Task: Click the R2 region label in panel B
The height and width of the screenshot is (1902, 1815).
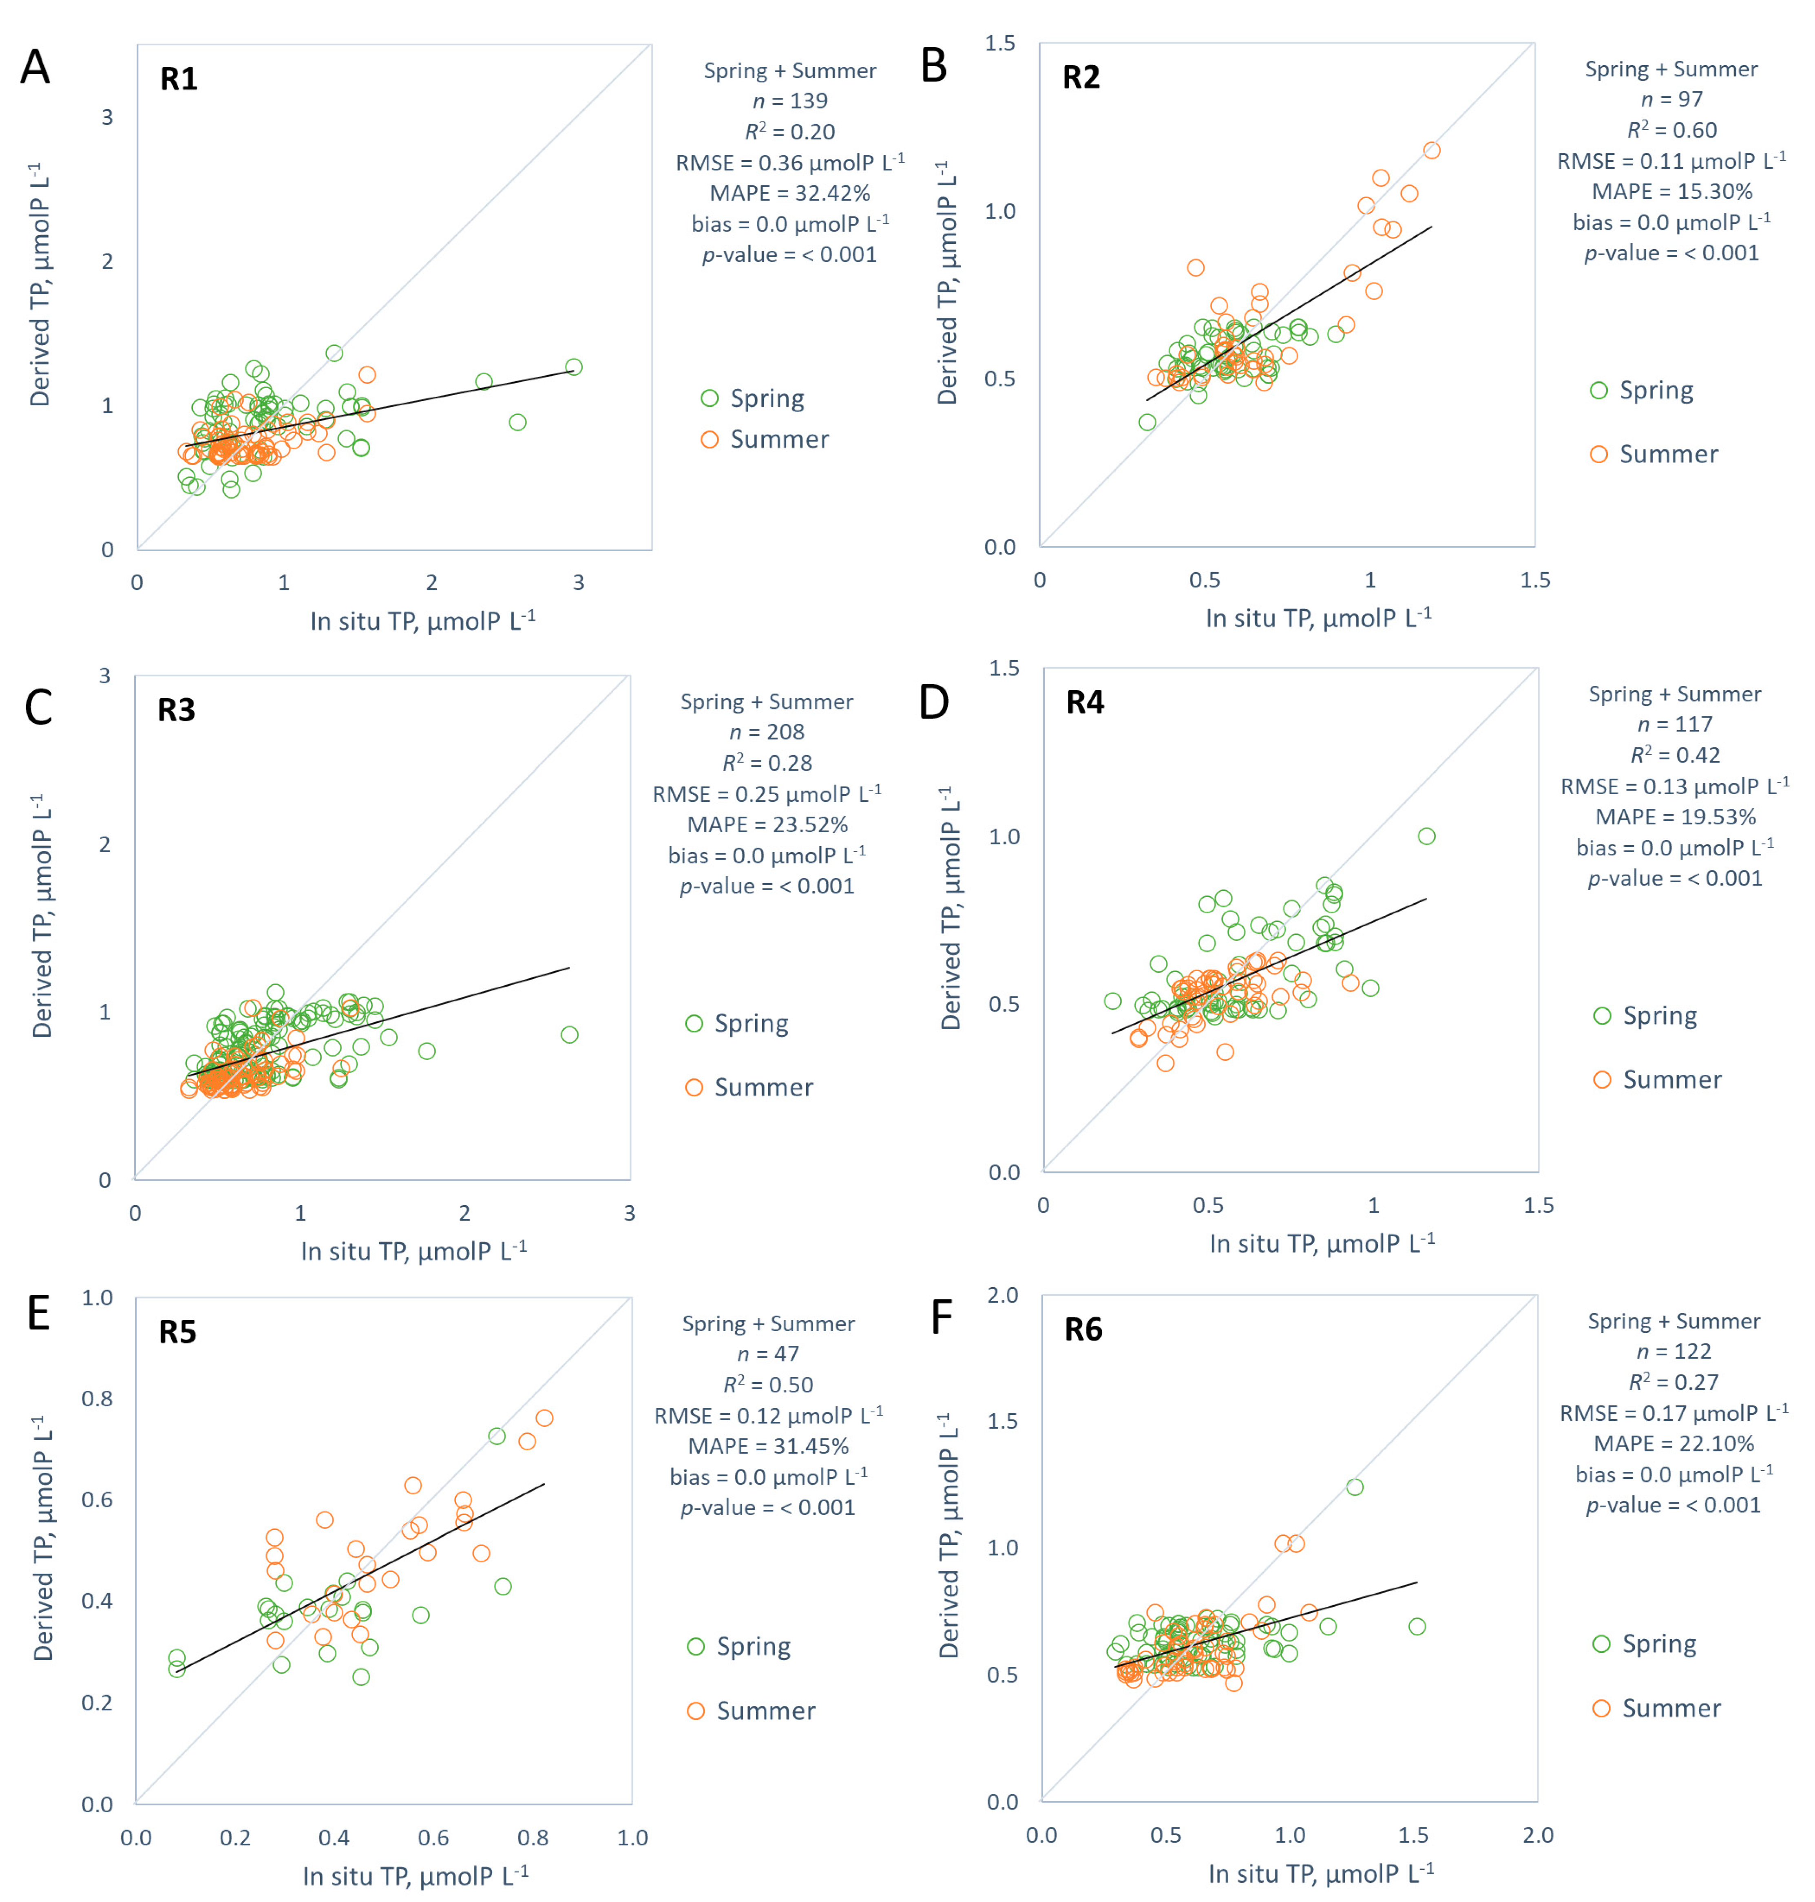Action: [x=1081, y=77]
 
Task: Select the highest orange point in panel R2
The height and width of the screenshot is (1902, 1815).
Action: [x=1432, y=150]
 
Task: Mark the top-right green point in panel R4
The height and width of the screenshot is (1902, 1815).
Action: [x=1426, y=836]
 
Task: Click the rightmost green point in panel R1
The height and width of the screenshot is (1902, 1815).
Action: [x=574, y=367]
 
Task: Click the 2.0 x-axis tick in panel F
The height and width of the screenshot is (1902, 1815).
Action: [x=1537, y=1835]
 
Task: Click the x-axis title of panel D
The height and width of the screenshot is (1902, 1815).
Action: [x=1322, y=1243]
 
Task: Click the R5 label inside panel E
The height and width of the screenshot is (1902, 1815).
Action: [x=177, y=1332]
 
